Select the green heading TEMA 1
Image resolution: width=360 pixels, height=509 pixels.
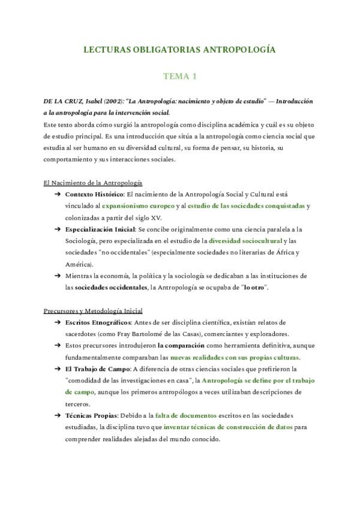tap(180, 76)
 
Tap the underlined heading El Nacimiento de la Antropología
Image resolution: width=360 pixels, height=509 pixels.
tap(92, 182)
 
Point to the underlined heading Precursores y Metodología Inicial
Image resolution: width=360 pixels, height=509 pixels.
tap(93, 311)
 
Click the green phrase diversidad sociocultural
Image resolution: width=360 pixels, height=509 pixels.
tap(232, 241)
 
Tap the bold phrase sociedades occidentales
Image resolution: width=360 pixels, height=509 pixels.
tap(110, 288)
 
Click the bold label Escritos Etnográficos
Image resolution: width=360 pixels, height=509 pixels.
tap(97, 322)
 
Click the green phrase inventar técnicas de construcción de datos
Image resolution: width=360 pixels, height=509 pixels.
tap(229, 427)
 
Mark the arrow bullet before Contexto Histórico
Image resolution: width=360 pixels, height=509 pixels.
tap(57, 194)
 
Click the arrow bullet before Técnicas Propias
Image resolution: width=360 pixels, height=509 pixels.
tap(57, 415)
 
